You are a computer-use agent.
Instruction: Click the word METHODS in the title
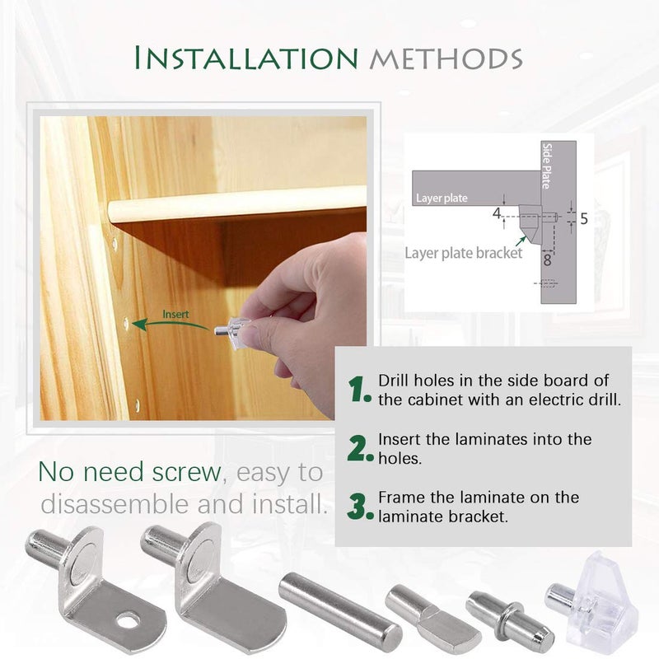pos(444,59)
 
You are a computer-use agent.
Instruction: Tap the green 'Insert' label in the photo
pos(175,314)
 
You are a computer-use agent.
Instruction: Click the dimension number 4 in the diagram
pos(497,214)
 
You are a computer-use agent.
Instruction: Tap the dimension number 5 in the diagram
pos(583,219)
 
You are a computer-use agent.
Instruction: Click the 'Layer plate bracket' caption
pos(464,253)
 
